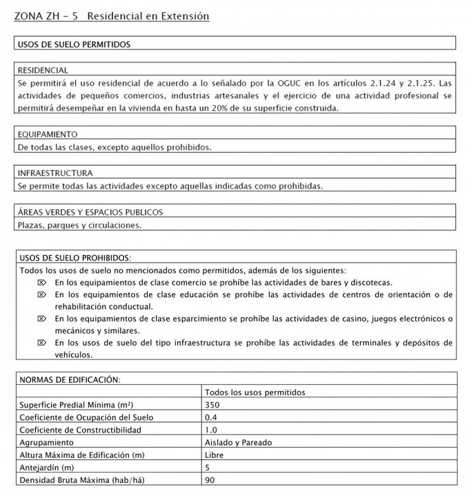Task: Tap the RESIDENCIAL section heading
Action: (x=43, y=70)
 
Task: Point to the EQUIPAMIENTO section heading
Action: (x=48, y=135)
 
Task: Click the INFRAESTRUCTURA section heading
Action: (x=55, y=173)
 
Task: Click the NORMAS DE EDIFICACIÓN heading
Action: (x=70, y=379)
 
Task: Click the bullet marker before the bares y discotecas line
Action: (x=41, y=283)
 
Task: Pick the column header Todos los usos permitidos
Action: (x=255, y=392)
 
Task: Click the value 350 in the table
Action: (x=212, y=404)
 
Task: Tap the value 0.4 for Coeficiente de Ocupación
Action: (x=210, y=417)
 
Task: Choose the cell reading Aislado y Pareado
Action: (x=238, y=442)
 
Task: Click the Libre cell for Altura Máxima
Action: (x=214, y=455)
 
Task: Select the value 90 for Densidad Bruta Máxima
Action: (x=210, y=479)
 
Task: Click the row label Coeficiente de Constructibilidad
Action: (x=80, y=430)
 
